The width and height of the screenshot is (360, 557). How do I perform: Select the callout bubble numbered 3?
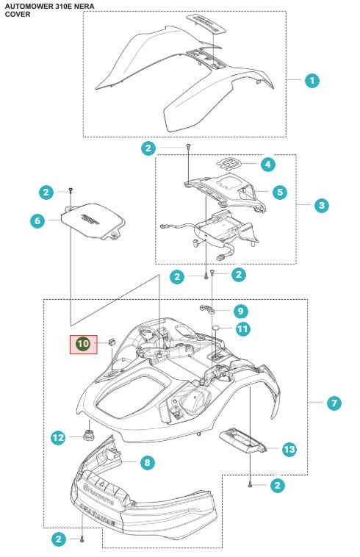[322, 206]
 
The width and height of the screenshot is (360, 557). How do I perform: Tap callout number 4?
[268, 165]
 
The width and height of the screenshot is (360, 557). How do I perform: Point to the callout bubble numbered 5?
[279, 193]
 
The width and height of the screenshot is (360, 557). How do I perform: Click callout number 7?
[334, 403]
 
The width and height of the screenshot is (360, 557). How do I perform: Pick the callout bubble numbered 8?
[148, 463]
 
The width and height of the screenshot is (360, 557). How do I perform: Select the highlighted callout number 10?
[83, 343]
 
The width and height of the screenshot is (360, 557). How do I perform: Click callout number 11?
[243, 329]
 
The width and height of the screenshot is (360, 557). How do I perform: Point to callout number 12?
[59, 438]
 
